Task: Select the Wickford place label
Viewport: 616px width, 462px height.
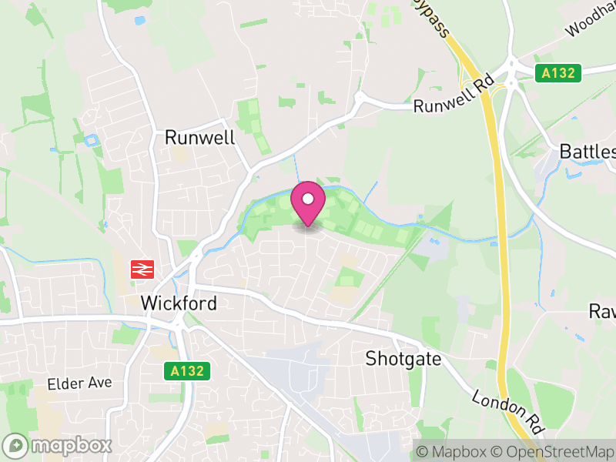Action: (179, 303)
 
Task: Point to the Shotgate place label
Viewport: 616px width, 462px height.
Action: (403, 359)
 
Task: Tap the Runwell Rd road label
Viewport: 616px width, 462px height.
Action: (453, 96)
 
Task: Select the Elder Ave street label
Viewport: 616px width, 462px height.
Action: (79, 383)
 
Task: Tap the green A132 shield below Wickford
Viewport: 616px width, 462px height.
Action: (187, 371)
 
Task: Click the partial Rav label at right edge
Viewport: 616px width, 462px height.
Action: (601, 311)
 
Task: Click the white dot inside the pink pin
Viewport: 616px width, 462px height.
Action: (308, 200)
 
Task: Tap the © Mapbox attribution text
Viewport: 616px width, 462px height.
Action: (454, 451)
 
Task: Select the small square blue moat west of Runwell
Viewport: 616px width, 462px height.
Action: (92, 141)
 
